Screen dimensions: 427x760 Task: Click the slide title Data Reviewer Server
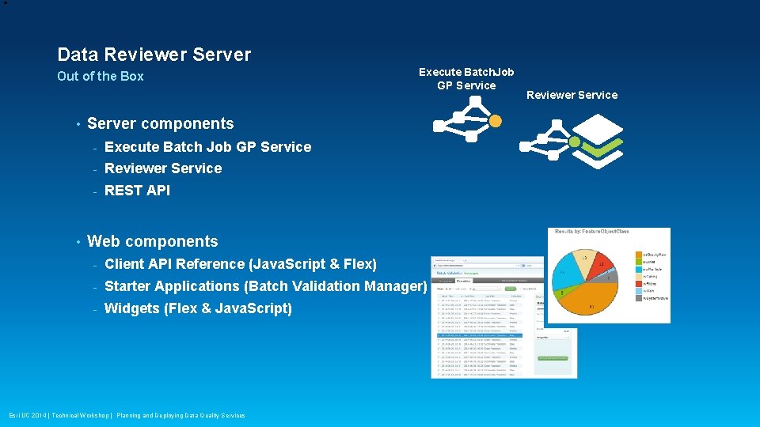tap(154, 55)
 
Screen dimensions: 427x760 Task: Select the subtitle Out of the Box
tap(101, 77)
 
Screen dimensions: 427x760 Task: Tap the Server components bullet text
tap(160, 123)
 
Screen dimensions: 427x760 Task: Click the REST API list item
tap(137, 190)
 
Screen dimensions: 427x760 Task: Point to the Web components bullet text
tap(152, 241)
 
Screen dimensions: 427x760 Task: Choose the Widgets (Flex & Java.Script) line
tap(198, 308)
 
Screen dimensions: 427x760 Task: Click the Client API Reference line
tap(240, 264)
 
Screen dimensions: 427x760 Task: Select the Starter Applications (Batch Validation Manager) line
tap(265, 286)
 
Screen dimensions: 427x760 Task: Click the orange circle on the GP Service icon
tap(496, 121)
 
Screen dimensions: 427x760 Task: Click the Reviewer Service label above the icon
tap(572, 95)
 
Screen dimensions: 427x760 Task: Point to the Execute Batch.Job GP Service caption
tap(466, 78)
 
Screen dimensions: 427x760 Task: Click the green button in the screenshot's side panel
tap(552, 358)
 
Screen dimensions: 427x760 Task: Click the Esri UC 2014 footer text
tap(127, 415)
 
